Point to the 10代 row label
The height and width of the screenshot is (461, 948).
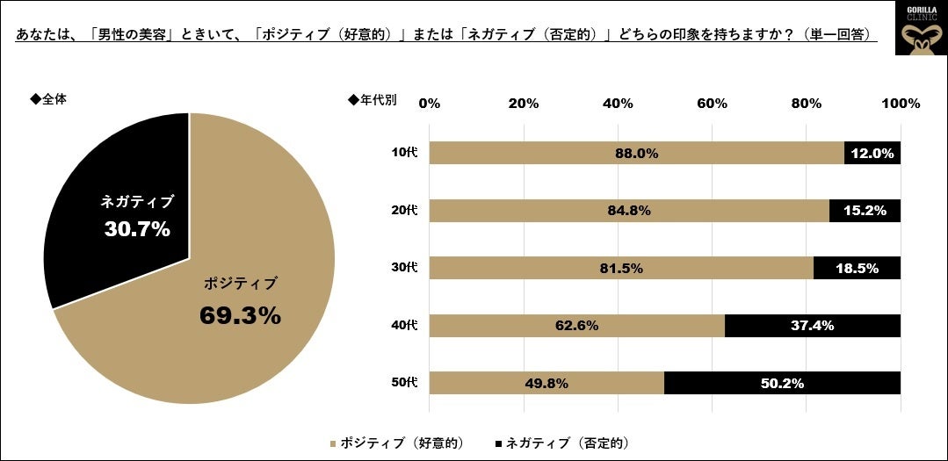coord(404,153)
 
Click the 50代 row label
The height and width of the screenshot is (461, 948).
coord(404,383)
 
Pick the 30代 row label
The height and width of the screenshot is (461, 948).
coord(404,268)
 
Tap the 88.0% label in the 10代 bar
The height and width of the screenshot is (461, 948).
coord(636,153)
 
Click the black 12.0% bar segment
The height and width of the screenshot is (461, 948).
coord(872,153)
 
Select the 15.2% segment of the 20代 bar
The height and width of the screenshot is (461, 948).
coord(865,211)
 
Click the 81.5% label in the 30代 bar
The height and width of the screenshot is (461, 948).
coord(620,269)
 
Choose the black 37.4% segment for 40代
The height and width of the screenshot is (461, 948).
coord(812,326)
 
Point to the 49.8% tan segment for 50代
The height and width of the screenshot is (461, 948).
coord(546,383)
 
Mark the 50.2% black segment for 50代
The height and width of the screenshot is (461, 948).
coord(782,383)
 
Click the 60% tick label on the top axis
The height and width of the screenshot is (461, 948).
coord(712,104)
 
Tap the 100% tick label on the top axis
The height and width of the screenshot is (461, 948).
coord(900,104)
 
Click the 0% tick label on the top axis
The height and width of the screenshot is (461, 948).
coord(429,104)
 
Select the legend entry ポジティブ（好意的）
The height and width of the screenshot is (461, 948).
coord(401,442)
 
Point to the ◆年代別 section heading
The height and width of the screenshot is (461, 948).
coord(373,99)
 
